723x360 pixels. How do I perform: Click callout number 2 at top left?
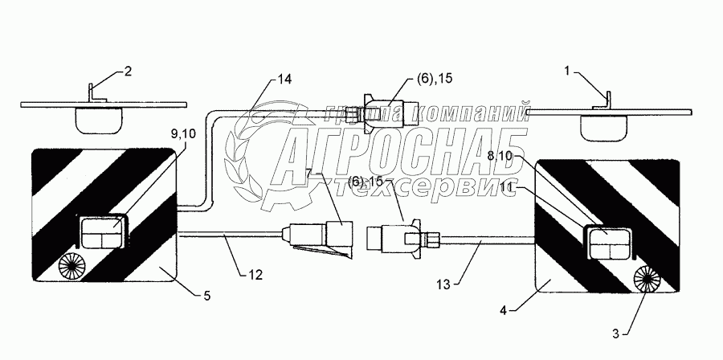127,72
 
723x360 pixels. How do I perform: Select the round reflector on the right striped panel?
646,280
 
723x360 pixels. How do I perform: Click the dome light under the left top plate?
98,120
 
